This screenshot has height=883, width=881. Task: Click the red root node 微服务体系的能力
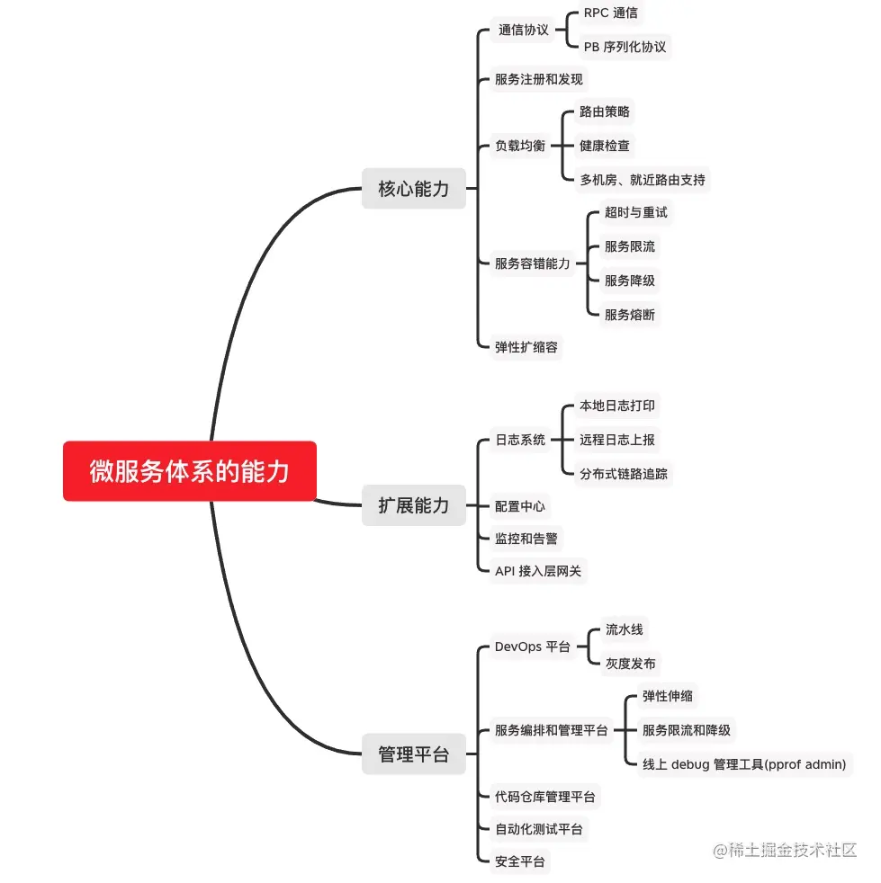[x=190, y=471]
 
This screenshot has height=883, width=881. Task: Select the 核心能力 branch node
[x=414, y=189]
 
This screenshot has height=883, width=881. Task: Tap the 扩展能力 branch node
[x=414, y=505]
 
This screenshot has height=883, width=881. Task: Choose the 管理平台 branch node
[x=414, y=754]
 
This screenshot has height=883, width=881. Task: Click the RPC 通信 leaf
[x=611, y=13]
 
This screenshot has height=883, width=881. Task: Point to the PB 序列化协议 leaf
[x=625, y=47]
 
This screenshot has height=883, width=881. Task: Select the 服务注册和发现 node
[x=539, y=79]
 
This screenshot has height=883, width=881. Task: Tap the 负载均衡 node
[x=520, y=146]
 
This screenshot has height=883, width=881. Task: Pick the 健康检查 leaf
[x=605, y=146]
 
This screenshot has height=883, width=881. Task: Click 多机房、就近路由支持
[x=643, y=179]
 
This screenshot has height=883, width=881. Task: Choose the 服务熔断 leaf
[x=630, y=315]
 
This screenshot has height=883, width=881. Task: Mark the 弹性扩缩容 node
[x=526, y=346]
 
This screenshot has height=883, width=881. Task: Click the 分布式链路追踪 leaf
[x=624, y=474]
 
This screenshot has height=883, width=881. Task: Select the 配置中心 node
[x=520, y=506]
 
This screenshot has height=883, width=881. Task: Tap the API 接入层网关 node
[x=539, y=571]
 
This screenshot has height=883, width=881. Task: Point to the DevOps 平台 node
[x=533, y=647]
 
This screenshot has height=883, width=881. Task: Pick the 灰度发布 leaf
[x=631, y=664]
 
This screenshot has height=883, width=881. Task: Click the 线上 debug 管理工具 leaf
[x=744, y=764]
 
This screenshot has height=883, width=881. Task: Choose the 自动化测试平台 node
[x=539, y=829]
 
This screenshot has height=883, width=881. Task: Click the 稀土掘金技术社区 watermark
[x=785, y=850]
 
